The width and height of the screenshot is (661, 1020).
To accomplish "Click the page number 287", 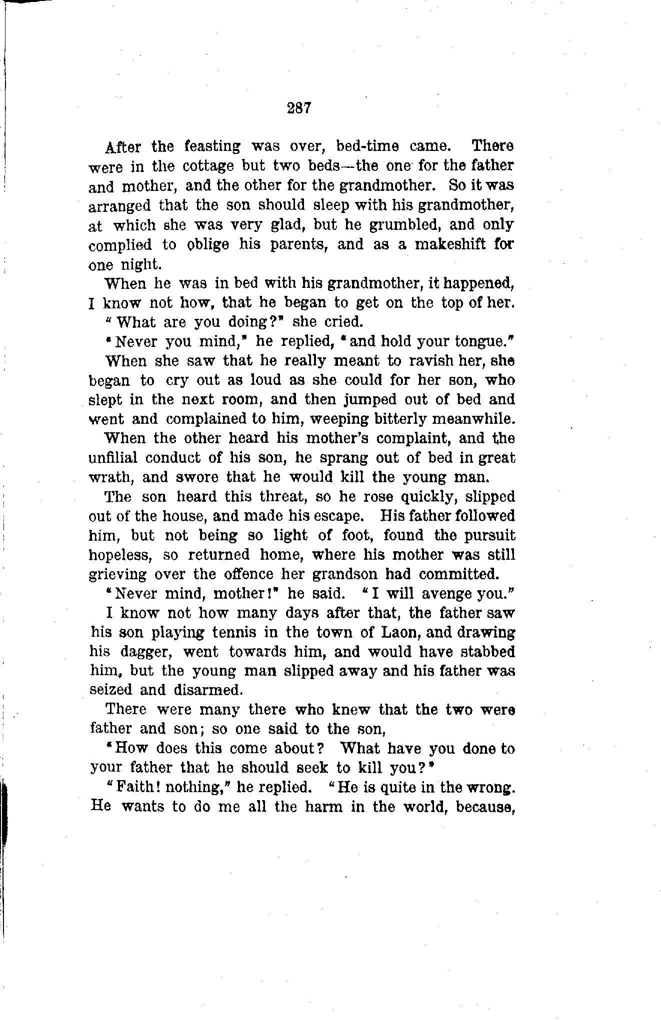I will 299,108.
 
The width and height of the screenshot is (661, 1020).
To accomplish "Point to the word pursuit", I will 487,536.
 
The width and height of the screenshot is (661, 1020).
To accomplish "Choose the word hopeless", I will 118,555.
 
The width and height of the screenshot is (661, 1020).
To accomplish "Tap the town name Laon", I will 396,633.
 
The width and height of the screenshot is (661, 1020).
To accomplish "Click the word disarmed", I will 208,690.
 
